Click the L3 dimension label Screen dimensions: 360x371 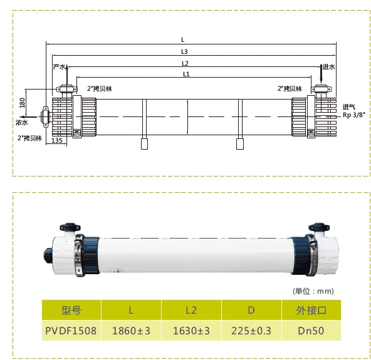pos(185,51)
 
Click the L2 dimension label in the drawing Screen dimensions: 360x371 pos(185,63)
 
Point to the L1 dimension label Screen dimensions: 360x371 pos(186,75)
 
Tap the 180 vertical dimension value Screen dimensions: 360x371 pos(23,103)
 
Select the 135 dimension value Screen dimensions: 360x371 pos(56,141)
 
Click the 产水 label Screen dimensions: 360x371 pos(60,66)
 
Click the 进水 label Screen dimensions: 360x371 pos(329,66)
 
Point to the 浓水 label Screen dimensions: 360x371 pos(21,123)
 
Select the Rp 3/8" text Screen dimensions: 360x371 pos(353,115)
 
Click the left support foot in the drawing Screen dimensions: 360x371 pos(144,144)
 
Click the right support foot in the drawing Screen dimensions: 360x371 pos(239,144)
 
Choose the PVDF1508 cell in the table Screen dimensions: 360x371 pos(71,330)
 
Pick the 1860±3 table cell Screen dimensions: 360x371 pos(130,330)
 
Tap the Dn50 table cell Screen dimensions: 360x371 pos(311,330)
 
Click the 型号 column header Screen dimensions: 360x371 pos(71,310)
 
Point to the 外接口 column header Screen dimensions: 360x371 pos(311,310)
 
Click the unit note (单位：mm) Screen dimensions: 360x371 pos(313,291)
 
